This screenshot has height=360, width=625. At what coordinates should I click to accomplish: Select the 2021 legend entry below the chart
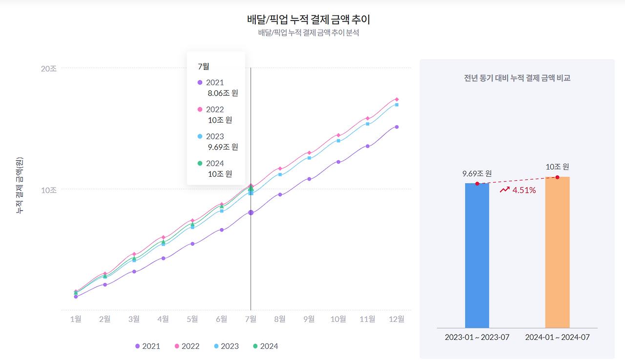pyautogui.click(x=147, y=346)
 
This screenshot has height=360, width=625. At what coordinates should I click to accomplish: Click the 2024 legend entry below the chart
pyautogui.click(x=266, y=346)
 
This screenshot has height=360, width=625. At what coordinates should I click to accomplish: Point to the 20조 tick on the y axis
pyautogui.click(x=48, y=68)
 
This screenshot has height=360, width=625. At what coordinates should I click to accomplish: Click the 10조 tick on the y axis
pyautogui.click(x=48, y=190)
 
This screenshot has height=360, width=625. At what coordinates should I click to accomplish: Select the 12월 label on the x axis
pyautogui.click(x=397, y=319)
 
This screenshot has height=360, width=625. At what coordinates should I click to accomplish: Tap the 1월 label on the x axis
pyautogui.click(x=76, y=319)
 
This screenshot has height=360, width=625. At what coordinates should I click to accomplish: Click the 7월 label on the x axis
pyautogui.click(x=250, y=319)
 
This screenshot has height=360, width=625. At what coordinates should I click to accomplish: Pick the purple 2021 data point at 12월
pyautogui.click(x=397, y=127)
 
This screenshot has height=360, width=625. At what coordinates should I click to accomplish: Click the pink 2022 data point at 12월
pyautogui.click(x=397, y=99)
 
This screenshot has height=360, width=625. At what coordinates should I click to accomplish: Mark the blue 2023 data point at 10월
pyautogui.click(x=338, y=141)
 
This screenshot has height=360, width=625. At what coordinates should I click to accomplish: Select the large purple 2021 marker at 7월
pyautogui.click(x=251, y=212)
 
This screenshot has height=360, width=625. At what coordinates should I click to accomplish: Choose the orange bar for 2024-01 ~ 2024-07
pyautogui.click(x=557, y=252)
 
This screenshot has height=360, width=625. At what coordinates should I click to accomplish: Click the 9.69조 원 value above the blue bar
pyautogui.click(x=477, y=173)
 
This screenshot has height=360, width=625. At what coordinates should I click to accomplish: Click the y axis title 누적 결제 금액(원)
pyautogui.click(x=20, y=186)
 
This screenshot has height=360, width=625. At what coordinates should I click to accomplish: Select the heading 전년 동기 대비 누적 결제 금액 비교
pyautogui.click(x=517, y=78)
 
